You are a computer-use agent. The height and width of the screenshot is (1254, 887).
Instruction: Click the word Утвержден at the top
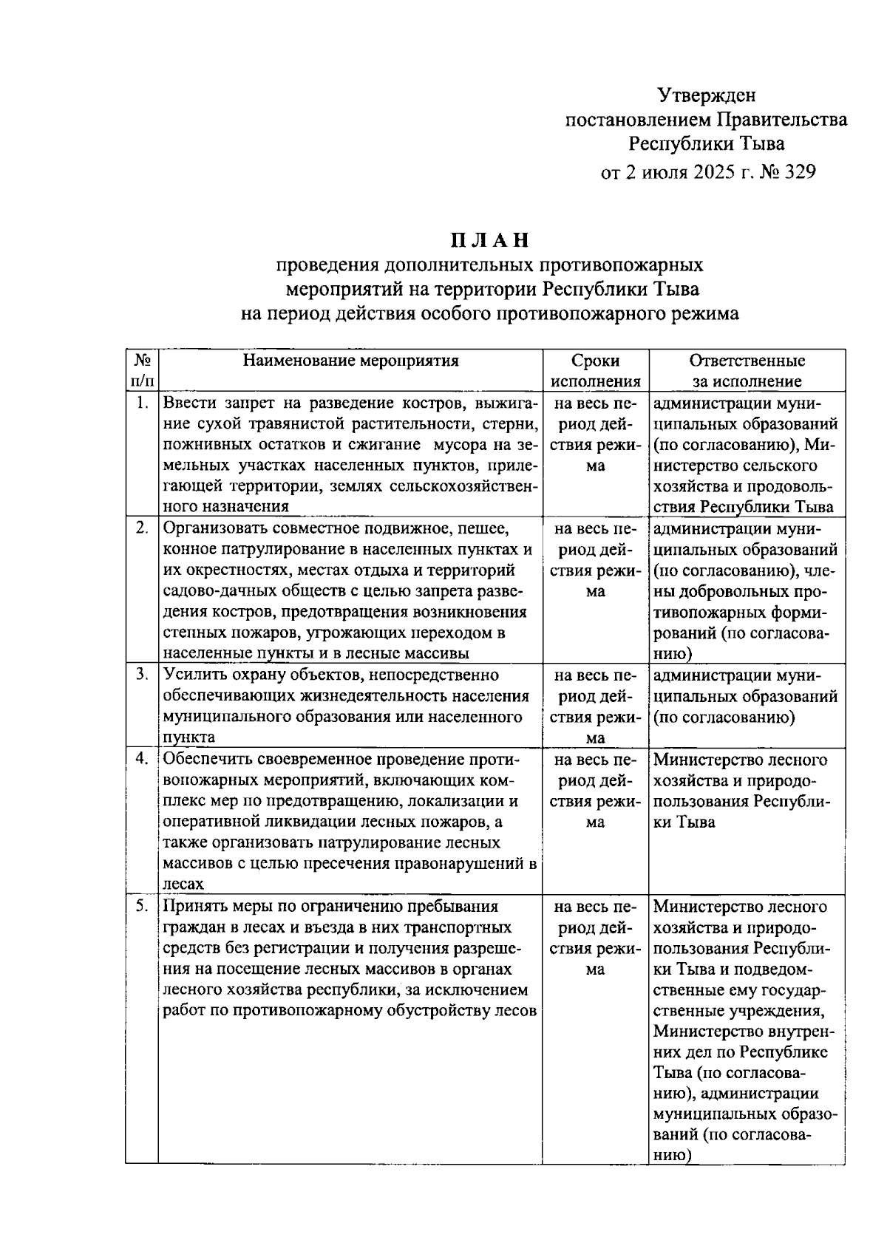pos(707,95)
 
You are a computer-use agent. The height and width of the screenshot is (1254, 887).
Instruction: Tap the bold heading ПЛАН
pos(490,240)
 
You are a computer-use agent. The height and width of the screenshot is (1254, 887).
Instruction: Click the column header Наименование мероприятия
pos(351,361)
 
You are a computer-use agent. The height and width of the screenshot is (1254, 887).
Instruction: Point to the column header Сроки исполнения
pos(595,371)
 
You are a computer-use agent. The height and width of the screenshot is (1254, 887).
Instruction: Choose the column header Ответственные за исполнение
pos(747,371)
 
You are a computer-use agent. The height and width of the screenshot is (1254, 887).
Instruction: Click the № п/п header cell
pos(143,371)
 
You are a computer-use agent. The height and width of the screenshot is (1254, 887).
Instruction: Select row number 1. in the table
pos(143,403)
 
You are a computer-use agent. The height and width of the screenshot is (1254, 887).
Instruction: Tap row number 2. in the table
pos(143,528)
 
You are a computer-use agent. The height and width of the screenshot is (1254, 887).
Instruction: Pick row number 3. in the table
pos(143,675)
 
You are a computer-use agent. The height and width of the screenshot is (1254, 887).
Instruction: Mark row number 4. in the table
pos(143,760)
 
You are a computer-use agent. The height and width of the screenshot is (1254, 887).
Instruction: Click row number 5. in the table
pos(143,906)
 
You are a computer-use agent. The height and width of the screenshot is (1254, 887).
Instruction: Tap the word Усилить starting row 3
pos(193,675)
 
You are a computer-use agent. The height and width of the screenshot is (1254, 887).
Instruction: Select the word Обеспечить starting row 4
pos(207,760)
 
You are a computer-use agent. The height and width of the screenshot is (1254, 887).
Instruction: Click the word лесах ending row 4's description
pos(183,885)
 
